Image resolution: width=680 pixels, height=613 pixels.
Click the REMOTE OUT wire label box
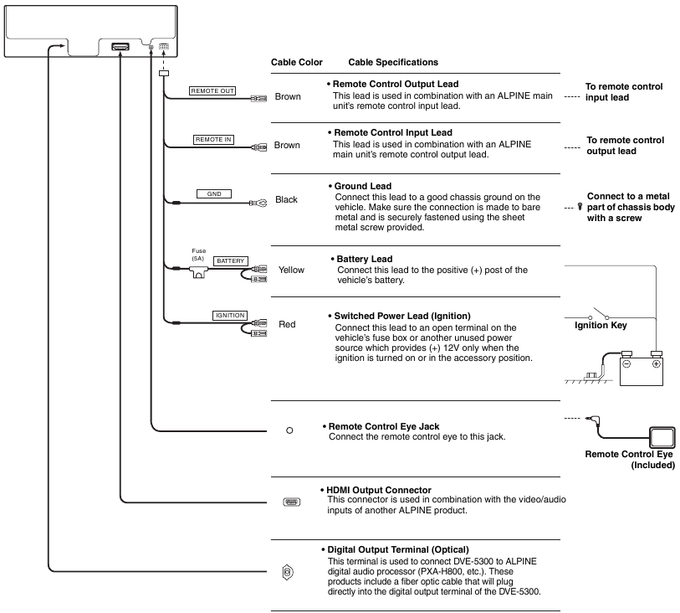212,90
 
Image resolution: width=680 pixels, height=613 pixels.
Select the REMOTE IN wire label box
213,139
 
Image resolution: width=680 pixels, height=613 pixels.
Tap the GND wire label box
214,193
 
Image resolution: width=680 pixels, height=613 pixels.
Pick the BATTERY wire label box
230,261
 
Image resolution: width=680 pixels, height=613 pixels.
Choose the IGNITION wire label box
230,316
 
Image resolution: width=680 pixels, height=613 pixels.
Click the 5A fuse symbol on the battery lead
198,273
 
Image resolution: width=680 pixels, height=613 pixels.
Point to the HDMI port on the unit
120,46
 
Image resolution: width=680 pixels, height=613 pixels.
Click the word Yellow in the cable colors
291,270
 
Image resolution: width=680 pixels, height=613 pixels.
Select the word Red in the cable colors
287,324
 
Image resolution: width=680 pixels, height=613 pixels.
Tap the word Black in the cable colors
286,199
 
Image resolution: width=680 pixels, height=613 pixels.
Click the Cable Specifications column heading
393,62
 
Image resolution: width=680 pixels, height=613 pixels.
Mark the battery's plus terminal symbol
656,363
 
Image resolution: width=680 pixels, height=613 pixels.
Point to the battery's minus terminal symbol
626,363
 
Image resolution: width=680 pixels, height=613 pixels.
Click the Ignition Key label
601,325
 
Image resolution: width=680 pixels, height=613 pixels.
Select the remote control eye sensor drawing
662,438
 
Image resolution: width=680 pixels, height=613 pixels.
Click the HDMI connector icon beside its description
291,502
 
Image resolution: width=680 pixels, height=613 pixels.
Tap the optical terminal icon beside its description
288,572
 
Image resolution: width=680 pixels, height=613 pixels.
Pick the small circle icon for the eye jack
289,430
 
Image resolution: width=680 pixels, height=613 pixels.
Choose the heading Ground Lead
363,186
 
